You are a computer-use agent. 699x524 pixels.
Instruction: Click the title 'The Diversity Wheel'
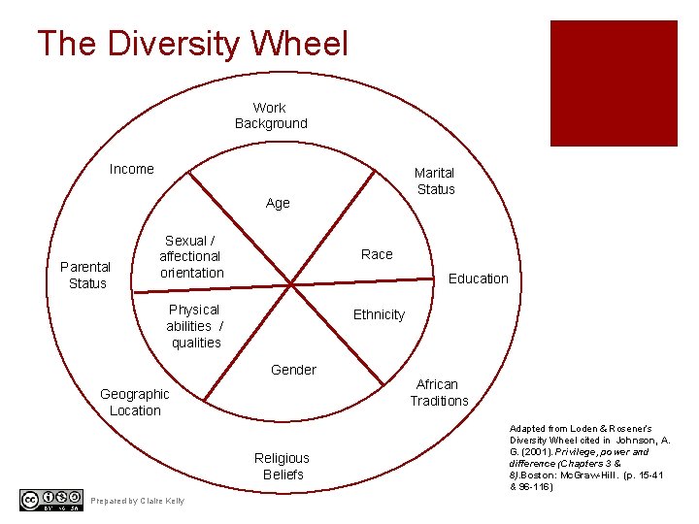[x=191, y=44]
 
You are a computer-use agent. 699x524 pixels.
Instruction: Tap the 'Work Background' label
[x=270, y=115]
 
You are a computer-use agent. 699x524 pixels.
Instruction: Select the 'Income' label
[x=131, y=169]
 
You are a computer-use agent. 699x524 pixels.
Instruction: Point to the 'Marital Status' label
[x=435, y=180]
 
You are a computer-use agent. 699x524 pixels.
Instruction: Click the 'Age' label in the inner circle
[x=278, y=203]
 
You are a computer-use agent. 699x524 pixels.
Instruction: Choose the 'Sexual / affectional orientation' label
[x=191, y=256]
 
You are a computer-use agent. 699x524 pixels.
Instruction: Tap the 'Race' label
[x=377, y=254]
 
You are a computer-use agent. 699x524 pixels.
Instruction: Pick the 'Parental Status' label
[x=87, y=275]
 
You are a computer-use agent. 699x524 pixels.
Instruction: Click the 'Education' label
[x=478, y=278]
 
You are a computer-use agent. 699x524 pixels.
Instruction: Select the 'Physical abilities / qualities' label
[x=195, y=326]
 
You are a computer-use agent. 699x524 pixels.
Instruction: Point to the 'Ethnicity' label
[x=379, y=314]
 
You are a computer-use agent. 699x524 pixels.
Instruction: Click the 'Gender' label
[x=293, y=369]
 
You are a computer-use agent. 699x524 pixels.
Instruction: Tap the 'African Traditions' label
[x=439, y=392]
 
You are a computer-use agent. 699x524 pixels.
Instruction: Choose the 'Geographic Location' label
[x=135, y=402]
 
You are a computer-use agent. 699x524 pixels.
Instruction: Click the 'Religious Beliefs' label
[x=282, y=466]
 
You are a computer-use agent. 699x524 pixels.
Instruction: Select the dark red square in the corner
[x=614, y=83]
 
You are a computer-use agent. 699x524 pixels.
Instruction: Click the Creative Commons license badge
[x=50, y=500]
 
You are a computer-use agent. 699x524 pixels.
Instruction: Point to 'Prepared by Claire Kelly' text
[x=137, y=501]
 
